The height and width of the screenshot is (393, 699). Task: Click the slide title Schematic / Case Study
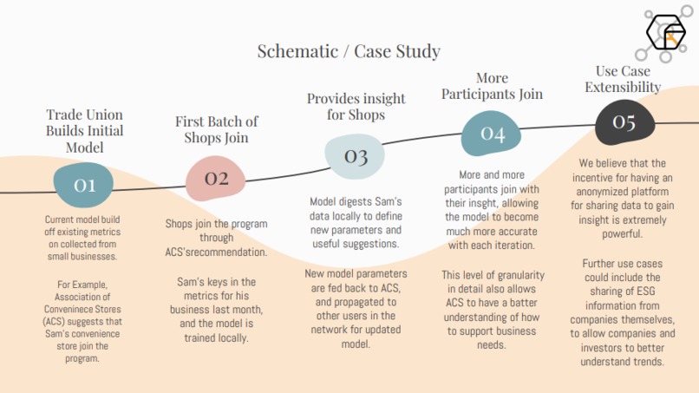tap(349, 51)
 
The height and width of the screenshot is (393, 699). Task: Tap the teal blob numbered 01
tap(83, 185)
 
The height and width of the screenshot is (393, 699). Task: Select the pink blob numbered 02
tap(216, 178)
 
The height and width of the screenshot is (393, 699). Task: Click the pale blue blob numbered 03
tap(355, 156)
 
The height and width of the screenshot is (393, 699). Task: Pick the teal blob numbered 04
tap(491, 134)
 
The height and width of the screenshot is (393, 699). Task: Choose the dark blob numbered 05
tap(625, 121)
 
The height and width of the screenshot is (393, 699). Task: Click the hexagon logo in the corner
tap(666, 33)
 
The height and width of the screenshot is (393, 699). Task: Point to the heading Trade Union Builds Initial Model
tap(85, 131)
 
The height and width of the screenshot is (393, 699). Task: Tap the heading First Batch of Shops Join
tap(216, 129)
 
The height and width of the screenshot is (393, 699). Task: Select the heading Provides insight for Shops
tap(356, 107)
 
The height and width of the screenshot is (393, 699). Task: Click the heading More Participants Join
tap(492, 86)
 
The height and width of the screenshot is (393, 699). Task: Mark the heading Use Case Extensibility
tap(623, 79)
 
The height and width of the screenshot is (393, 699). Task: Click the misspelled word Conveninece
tap(82, 309)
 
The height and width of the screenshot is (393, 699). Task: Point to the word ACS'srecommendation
tap(216, 252)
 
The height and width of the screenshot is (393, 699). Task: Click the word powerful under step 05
tap(622, 234)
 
